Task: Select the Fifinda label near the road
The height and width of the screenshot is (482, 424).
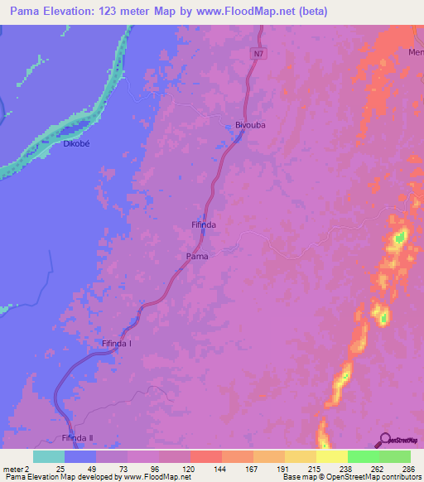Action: point(204,225)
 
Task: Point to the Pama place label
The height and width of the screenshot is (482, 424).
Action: point(196,257)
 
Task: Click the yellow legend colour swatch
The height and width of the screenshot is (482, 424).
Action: point(332,456)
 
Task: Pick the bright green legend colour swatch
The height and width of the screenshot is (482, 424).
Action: point(364,456)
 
